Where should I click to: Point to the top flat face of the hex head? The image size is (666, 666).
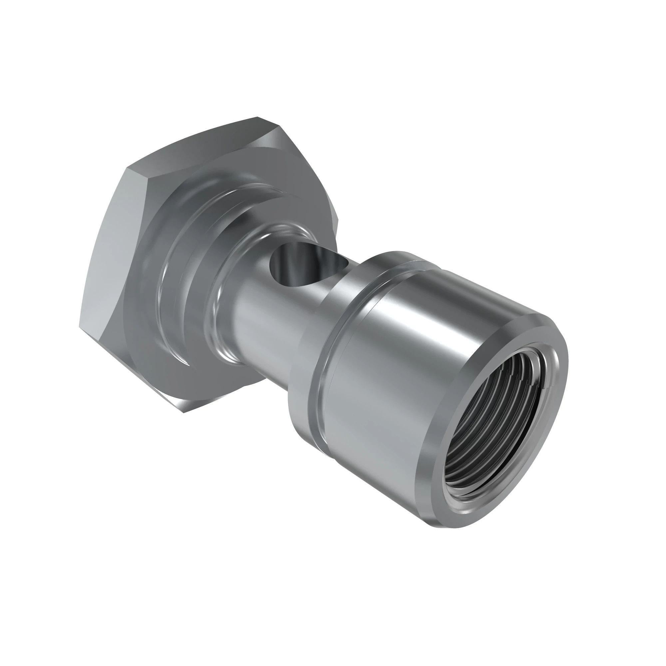(x=207, y=145)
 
